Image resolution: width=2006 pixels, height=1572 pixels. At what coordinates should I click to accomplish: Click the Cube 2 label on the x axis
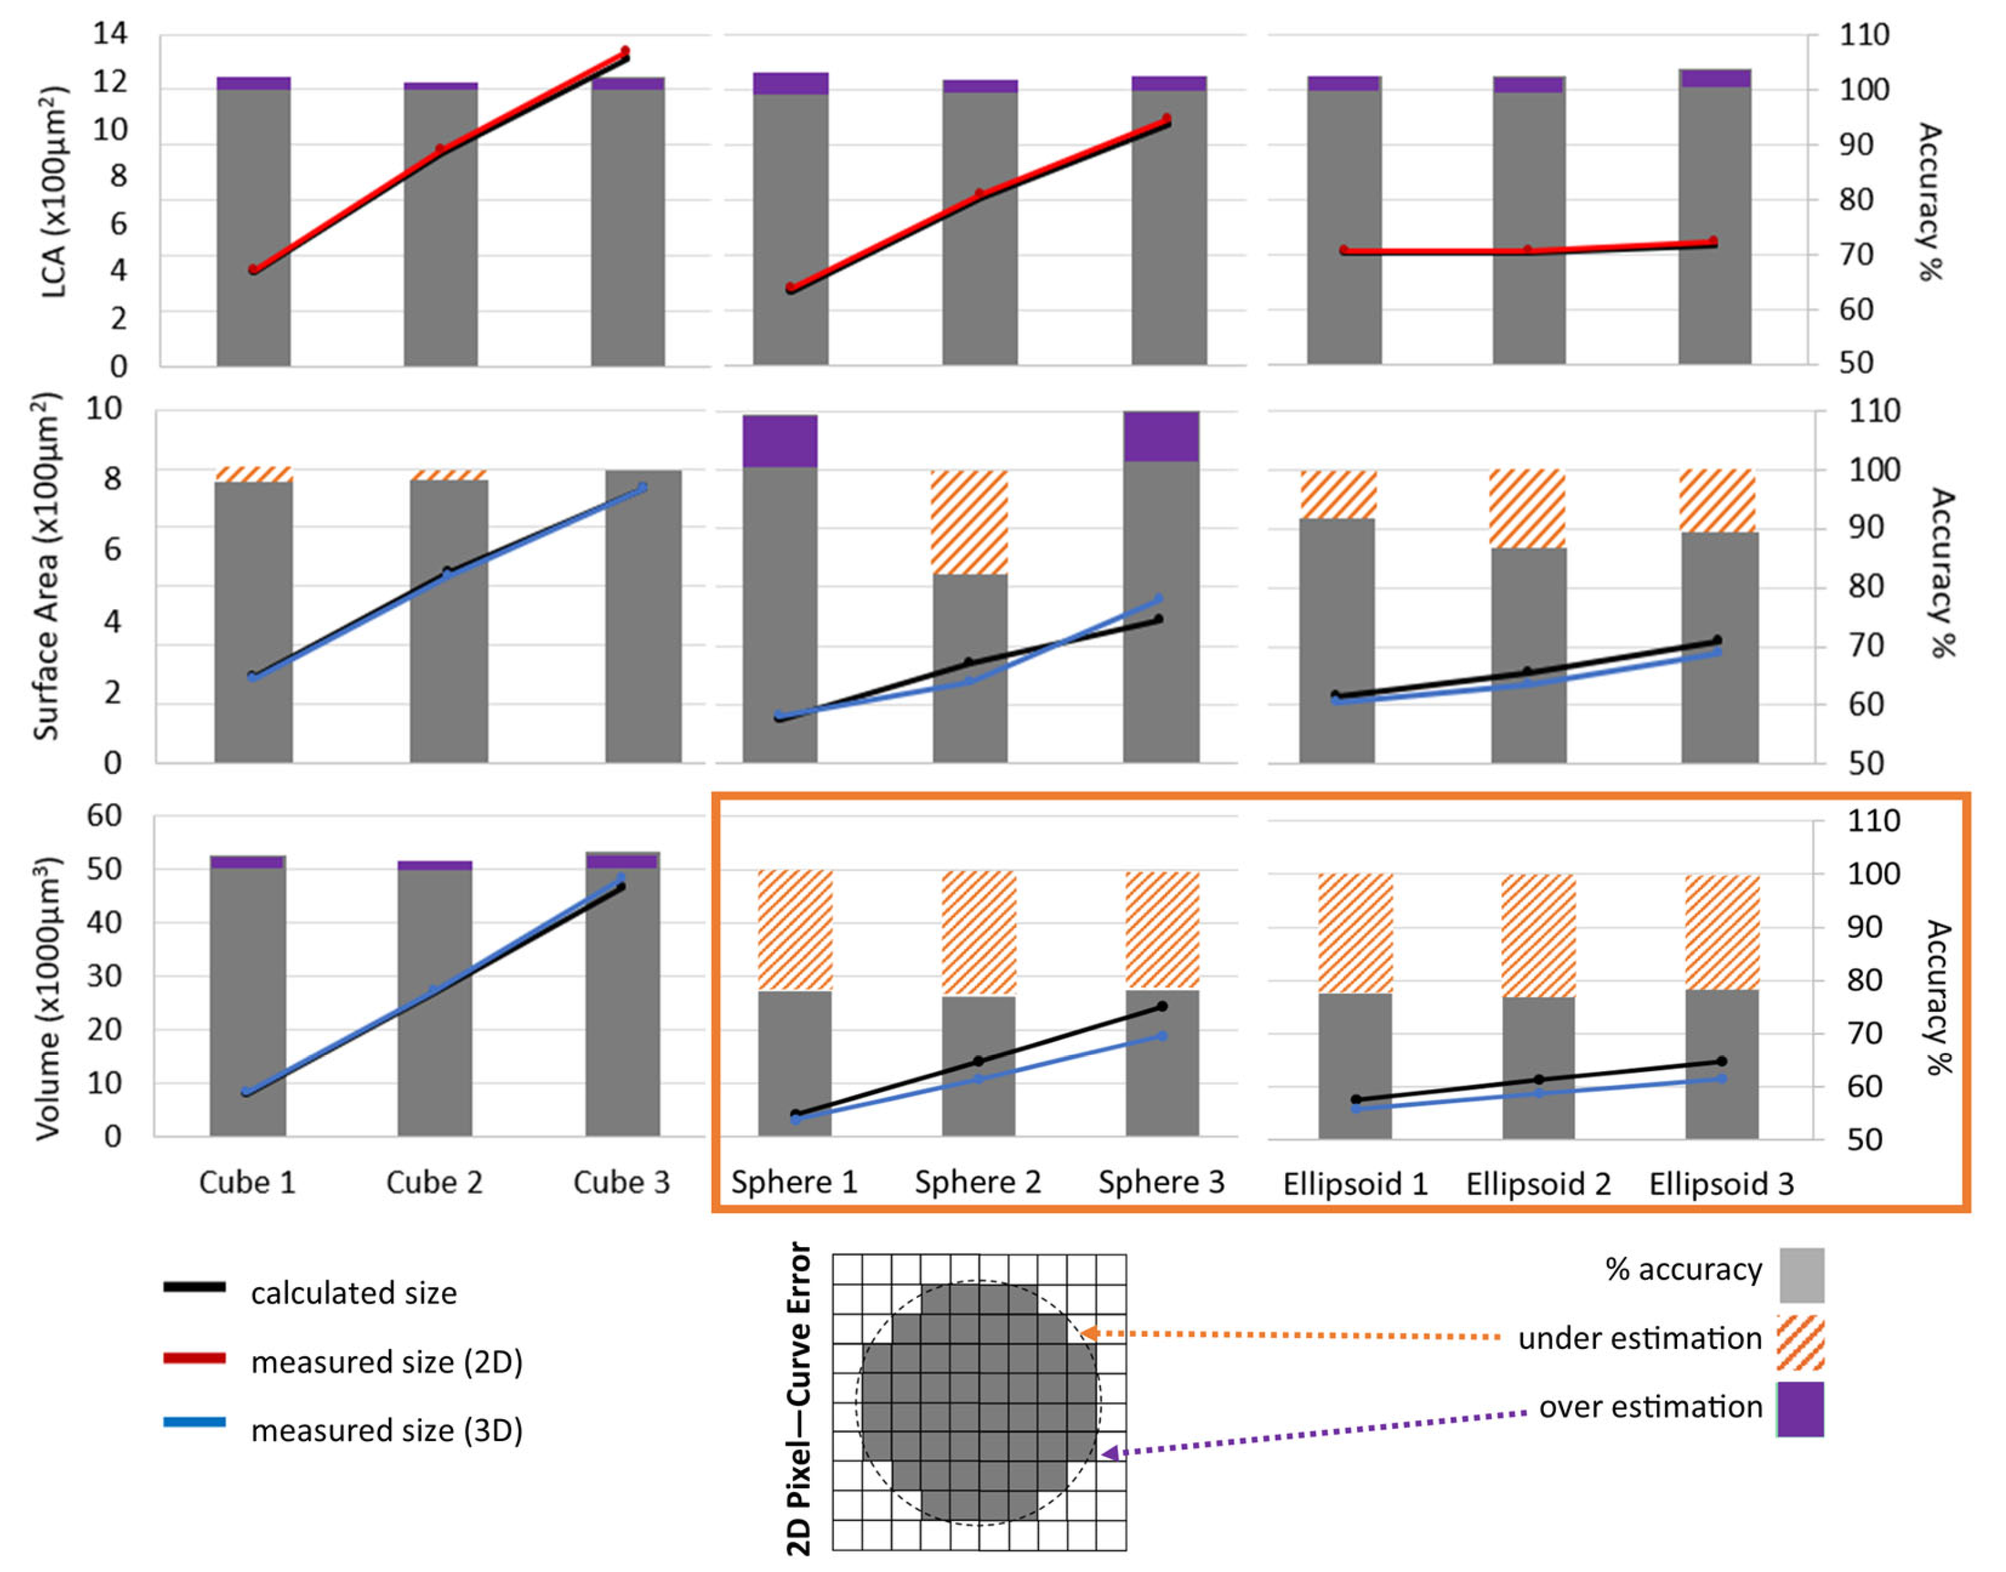click(434, 1182)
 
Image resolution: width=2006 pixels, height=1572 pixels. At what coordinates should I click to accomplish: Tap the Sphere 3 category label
click(1161, 1182)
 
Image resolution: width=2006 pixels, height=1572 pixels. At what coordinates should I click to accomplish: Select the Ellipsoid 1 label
click(1355, 1183)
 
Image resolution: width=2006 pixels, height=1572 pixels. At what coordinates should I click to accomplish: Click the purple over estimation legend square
click(1800, 1409)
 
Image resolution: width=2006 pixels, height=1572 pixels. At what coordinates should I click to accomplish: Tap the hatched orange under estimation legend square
click(1800, 1343)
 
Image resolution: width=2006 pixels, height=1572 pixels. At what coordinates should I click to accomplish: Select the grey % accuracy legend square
click(1800, 1275)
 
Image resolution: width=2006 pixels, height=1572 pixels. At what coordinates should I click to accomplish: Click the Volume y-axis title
click(48, 998)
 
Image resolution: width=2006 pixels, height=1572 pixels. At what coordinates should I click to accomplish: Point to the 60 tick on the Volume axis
click(104, 815)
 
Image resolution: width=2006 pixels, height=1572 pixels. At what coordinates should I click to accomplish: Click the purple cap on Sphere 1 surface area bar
click(780, 441)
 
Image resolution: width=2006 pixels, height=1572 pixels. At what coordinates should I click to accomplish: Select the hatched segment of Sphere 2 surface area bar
click(969, 522)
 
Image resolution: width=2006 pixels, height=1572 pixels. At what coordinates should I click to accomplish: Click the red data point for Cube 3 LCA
click(625, 52)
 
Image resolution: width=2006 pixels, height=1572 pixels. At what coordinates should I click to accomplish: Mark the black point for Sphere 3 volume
click(1162, 1007)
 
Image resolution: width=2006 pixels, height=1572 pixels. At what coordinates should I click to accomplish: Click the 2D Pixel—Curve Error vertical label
click(800, 1399)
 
